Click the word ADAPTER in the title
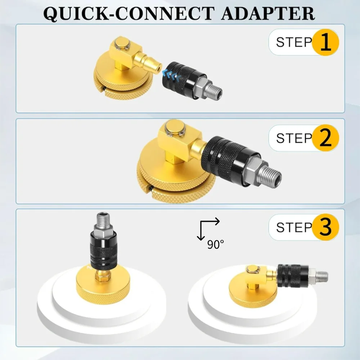pyautogui.click(x=268, y=14)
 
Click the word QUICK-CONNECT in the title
pyautogui.click(x=129, y=14)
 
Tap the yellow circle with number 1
pyautogui.click(x=325, y=42)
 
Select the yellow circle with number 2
pyautogui.click(x=325, y=138)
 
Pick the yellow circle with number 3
pyautogui.click(x=325, y=227)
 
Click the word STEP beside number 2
pyautogui.click(x=294, y=138)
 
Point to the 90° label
pyautogui.click(x=215, y=245)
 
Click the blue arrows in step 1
pyautogui.click(x=170, y=76)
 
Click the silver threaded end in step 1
pyautogui.click(x=214, y=91)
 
